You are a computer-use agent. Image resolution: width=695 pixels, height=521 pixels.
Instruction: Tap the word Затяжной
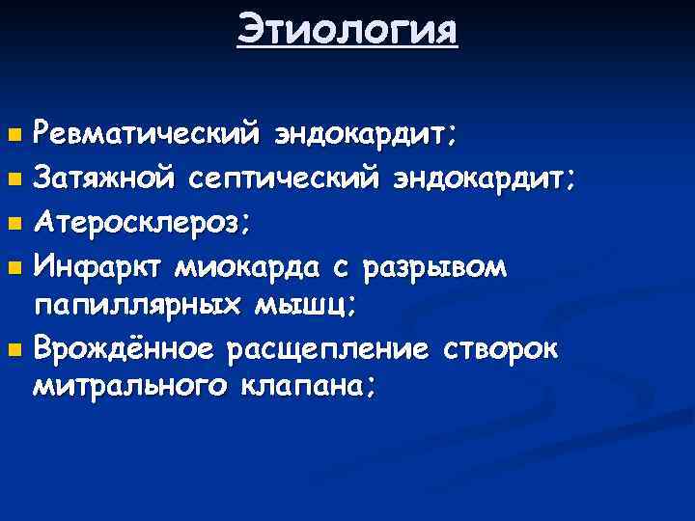[104, 178]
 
